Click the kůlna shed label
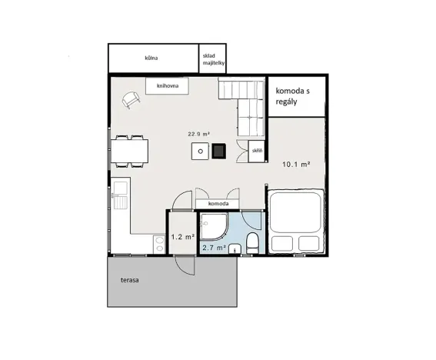[x=151, y=57]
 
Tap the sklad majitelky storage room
[x=213, y=59]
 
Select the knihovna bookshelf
[x=168, y=86]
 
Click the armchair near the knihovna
[x=132, y=99]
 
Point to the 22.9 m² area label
[x=199, y=133]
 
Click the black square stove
[x=219, y=151]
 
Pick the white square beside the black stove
[x=200, y=151]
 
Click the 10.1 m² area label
[x=295, y=164]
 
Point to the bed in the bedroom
[x=297, y=223]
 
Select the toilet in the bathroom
[x=251, y=245]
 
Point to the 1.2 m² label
[x=181, y=238]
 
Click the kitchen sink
[x=121, y=197]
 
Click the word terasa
[x=129, y=280]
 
